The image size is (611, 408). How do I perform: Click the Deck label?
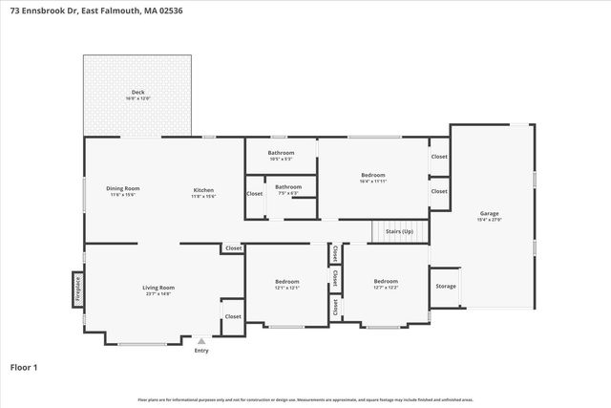coord(137,93)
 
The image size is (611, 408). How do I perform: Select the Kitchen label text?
coord(203,190)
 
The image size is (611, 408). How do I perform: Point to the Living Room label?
coord(158,287)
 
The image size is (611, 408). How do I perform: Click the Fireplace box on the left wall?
coord(77,290)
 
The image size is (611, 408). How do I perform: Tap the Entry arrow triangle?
coord(200,339)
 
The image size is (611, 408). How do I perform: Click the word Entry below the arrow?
coord(200,351)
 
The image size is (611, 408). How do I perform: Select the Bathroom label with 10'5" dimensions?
coord(281,153)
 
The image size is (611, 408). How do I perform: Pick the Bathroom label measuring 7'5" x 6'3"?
coord(288,186)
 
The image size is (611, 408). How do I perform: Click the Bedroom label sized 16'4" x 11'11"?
coord(373,175)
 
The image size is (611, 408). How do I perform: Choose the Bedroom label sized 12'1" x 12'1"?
coord(287,281)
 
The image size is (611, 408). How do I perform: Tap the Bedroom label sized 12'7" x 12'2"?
coord(386,281)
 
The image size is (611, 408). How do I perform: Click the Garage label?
coord(489,213)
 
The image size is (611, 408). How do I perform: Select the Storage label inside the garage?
coord(446,286)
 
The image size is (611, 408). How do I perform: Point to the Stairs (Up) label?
coord(399,232)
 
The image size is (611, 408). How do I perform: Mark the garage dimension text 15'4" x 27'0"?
coord(489,220)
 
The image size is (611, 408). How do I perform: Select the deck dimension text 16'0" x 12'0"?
coord(137,98)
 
